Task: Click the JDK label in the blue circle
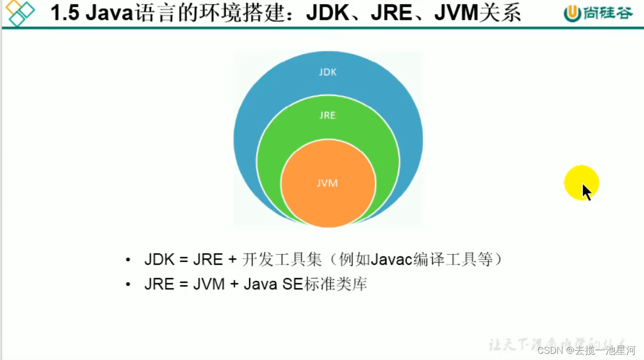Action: pyautogui.click(x=328, y=72)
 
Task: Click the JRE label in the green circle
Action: pyautogui.click(x=328, y=115)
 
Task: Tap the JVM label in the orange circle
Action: pyautogui.click(x=328, y=183)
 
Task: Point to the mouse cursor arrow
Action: pyautogui.click(x=586, y=192)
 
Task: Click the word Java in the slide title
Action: pyautogui.click(x=108, y=13)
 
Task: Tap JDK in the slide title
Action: pyautogui.click(x=327, y=13)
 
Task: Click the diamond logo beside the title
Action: pyautogui.click(x=19, y=13)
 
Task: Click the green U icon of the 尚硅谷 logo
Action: pyautogui.click(x=572, y=13)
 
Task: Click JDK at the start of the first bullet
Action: pyautogui.click(x=159, y=259)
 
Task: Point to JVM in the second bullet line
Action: pyautogui.click(x=209, y=284)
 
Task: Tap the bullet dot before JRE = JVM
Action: pyautogui.click(x=128, y=284)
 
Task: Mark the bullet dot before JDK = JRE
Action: pyautogui.click(x=128, y=260)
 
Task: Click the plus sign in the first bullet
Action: pyautogui.click(x=232, y=260)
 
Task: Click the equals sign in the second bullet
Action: pyautogui.click(x=183, y=284)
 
